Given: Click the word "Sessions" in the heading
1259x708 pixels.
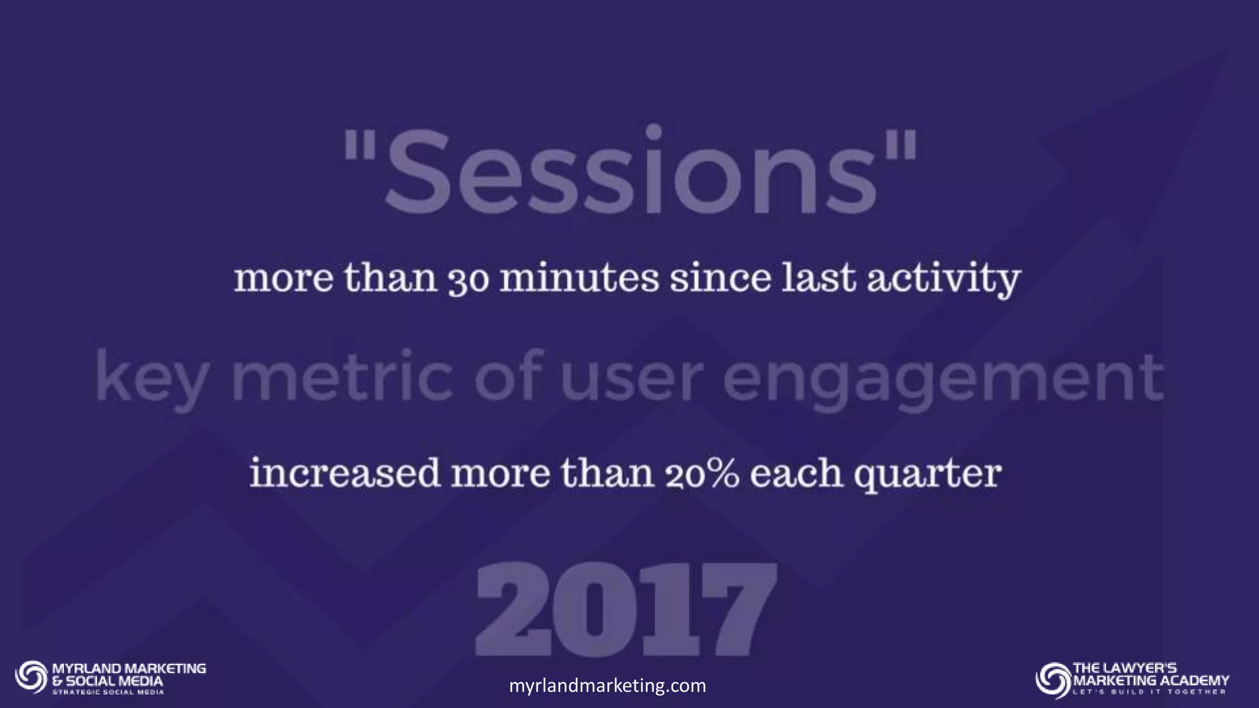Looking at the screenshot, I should (630, 169).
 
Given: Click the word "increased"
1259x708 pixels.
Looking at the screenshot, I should (344, 473).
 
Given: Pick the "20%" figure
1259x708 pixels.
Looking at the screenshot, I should (701, 474).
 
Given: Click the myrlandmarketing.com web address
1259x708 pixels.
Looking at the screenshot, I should (607, 685).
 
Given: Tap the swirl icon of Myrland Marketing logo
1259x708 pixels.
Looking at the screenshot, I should (31, 677).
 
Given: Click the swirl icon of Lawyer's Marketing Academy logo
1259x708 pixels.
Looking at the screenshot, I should (1052, 680).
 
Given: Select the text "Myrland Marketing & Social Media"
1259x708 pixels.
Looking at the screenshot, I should (128, 674).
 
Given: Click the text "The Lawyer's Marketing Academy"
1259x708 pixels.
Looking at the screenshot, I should (1150, 674).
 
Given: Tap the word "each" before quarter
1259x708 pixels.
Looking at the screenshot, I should (796, 474).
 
